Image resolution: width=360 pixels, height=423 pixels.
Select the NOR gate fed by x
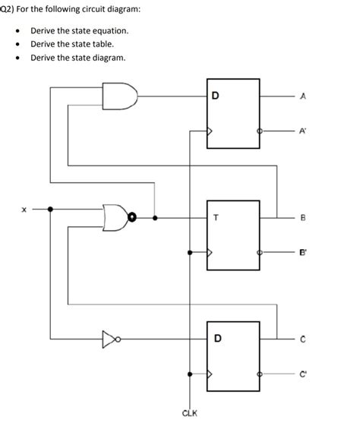(x=115, y=217)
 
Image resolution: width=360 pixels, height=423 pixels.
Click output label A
(x=303, y=96)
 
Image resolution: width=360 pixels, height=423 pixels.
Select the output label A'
(x=304, y=130)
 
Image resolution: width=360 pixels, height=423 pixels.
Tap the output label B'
(x=304, y=255)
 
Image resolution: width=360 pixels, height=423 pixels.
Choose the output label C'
(x=304, y=374)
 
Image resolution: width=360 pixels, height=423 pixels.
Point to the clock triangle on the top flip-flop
(x=213, y=131)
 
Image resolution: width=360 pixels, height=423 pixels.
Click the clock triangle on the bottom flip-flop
(x=213, y=374)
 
